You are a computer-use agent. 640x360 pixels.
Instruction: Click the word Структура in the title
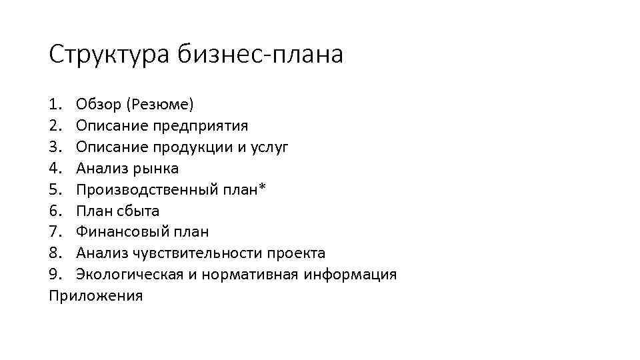[x=110, y=55]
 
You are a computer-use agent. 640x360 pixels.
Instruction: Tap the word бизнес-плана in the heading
[x=261, y=55]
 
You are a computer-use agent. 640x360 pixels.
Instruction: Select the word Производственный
[x=145, y=189]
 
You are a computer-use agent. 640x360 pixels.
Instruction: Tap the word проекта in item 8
[x=296, y=253]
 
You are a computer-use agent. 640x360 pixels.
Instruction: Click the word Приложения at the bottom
[x=96, y=296]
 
